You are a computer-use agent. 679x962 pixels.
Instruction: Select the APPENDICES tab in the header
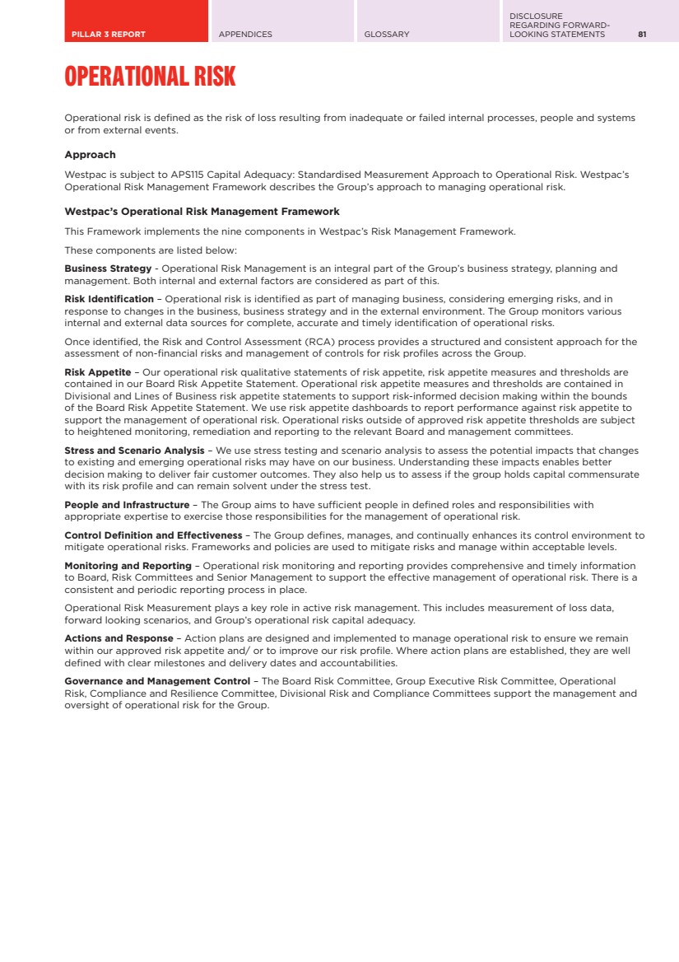[x=245, y=35]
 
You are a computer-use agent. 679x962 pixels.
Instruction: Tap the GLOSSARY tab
[x=387, y=35]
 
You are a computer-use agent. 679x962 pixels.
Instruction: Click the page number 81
[x=642, y=35]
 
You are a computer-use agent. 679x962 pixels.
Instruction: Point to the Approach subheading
[x=90, y=155]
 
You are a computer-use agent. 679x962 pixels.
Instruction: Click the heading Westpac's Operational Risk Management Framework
[x=202, y=212]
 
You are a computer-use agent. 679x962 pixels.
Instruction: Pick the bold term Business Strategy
[x=108, y=269]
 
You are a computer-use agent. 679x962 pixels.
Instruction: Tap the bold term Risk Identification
[x=109, y=298]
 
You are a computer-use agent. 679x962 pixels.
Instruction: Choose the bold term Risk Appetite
[x=97, y=371]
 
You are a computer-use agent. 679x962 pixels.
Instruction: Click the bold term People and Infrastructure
[x=127, y=504]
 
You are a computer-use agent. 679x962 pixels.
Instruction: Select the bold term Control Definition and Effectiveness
[x=153, y=535]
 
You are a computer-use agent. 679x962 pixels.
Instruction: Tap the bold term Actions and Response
[x=119, y=637]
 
